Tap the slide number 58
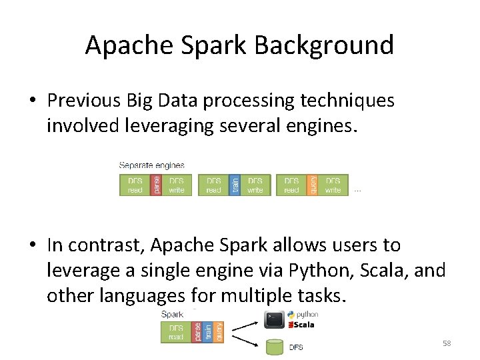coord(447,343)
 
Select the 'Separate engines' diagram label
coord(151,165)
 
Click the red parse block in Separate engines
coord(155,185)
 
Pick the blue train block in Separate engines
coord(234,185)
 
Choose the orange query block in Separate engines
coord(312,185)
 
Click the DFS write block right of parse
coord(177,185)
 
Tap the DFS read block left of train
coord(214,185)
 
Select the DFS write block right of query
coord(333,185)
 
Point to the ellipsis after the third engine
coord(357,191)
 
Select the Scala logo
coord(301,325)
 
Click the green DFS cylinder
coord(274,347)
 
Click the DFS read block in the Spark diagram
coord(176,332)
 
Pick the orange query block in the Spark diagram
coord(219,332)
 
